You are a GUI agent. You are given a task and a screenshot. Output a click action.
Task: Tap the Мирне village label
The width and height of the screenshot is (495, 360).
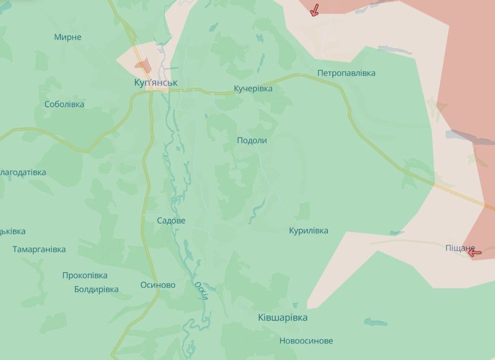coord(67,37)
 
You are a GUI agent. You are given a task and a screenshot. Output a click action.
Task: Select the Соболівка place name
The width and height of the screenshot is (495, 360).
coord(64,105)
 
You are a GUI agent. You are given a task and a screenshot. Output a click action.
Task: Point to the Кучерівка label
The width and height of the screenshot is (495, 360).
coord(253,89)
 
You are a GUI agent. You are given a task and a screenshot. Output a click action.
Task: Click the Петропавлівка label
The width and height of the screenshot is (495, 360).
coord(346,73)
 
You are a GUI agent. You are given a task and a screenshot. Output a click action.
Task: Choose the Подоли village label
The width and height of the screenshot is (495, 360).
coord(251,141)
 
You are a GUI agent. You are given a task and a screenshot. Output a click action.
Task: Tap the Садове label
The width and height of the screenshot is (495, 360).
coord(171,220)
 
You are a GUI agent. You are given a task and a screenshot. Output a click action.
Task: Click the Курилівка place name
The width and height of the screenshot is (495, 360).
coord(308,231)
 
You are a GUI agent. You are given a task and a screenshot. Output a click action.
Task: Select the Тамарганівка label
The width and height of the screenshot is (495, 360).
coord(39,249)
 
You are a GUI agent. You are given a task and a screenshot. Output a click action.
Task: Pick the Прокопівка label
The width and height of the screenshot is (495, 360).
coord(85,275)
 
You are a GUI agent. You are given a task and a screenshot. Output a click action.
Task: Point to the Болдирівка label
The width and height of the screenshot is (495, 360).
coord(96,289)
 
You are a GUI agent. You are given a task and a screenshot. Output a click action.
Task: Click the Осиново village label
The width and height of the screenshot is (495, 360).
coord(158,285)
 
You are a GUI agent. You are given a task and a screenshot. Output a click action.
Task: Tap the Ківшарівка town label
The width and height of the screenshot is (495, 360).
coord(283,318)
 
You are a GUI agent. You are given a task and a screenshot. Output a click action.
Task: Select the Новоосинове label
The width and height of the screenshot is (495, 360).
coord(306,341)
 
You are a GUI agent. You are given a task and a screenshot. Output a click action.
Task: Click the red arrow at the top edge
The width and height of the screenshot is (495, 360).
coord(314,10)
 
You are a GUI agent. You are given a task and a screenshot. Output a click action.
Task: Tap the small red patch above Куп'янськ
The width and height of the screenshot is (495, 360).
coord(143,65)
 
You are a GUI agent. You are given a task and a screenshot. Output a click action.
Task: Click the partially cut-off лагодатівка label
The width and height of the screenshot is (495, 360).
coord(22,173)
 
